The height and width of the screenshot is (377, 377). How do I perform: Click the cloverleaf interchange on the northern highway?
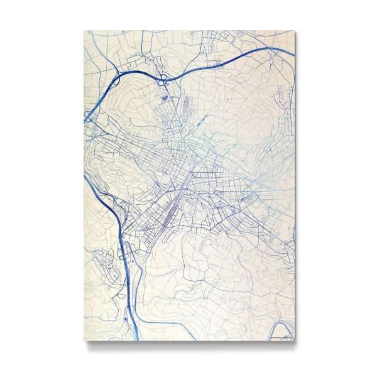pos(164,79)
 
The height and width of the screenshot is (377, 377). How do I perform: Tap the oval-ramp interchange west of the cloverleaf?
pos(117,80)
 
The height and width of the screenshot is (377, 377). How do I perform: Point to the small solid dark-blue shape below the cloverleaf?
pos(165,97)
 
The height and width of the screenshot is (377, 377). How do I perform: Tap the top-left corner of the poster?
pos(84,31)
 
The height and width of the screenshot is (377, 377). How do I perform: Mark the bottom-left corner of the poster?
pos(84,341)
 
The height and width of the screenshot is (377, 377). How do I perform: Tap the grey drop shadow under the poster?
pos(188,344)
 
